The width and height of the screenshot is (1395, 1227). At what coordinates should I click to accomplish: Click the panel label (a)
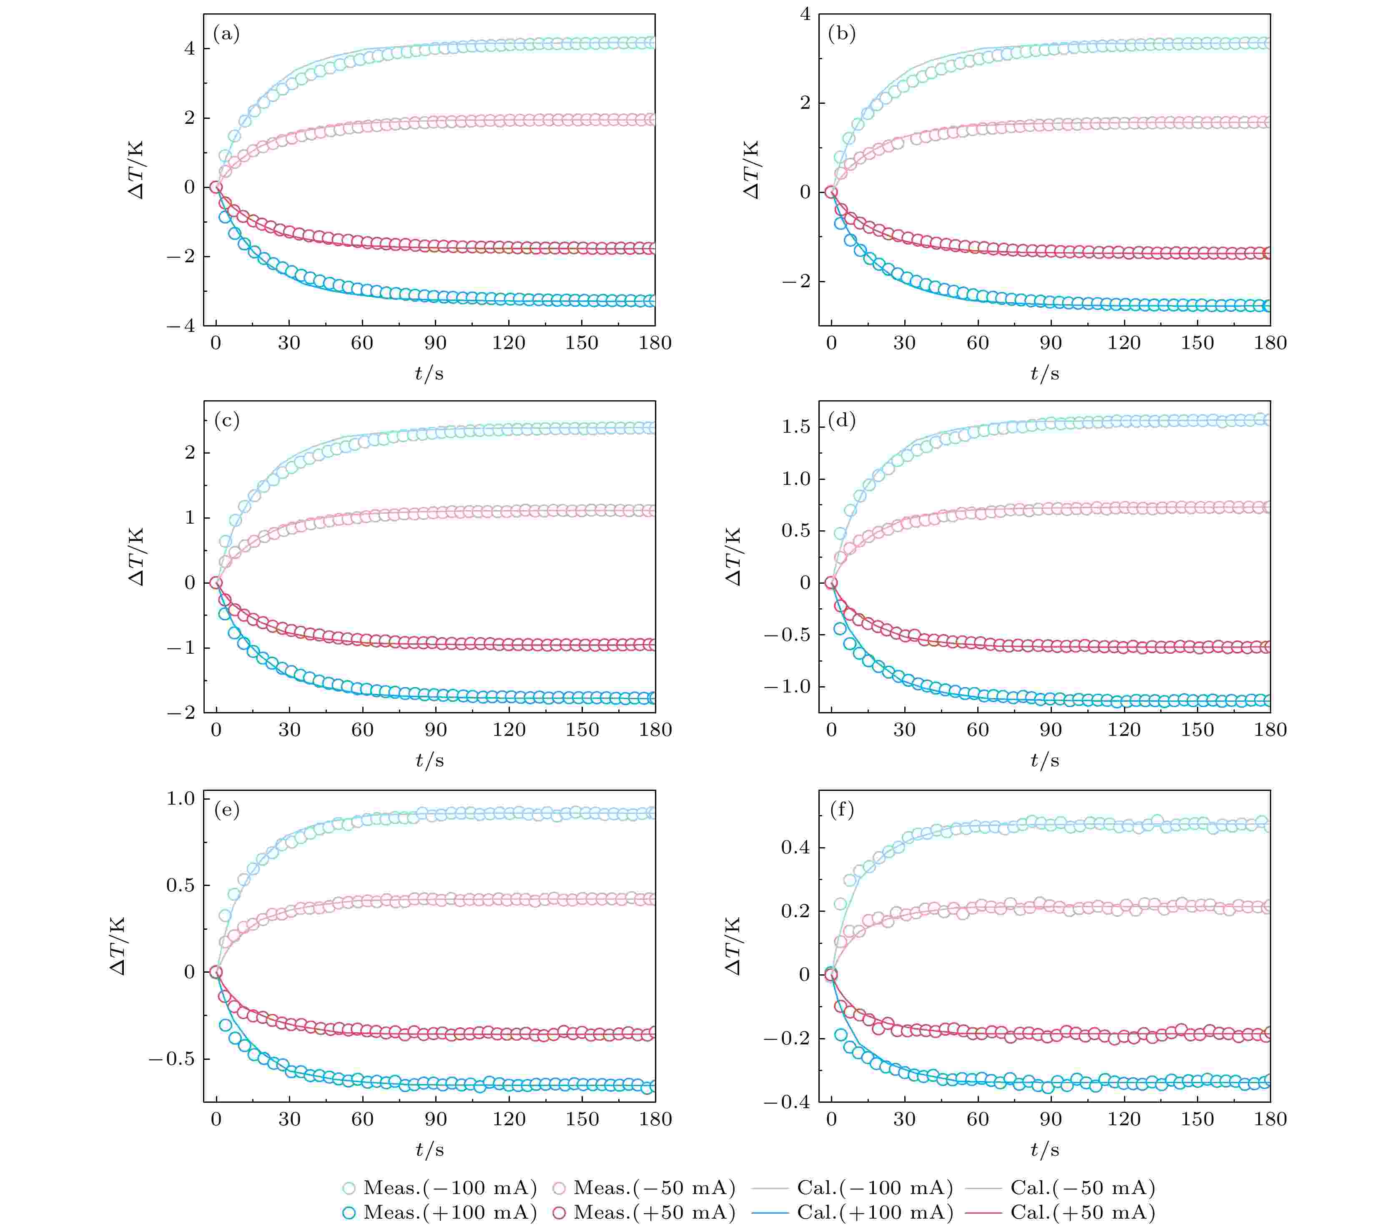coord(226,33)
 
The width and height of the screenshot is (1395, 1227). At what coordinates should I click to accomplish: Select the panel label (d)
coord(841,420)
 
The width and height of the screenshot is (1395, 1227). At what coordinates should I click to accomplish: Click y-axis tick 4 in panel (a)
coord(189,48)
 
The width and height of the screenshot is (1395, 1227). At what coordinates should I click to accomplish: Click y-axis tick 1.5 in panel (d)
coord(796,427)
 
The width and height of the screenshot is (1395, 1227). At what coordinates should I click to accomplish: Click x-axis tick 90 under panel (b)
coord(1050,343)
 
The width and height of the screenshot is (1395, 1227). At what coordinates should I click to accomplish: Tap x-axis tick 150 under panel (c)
coord(582,730)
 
